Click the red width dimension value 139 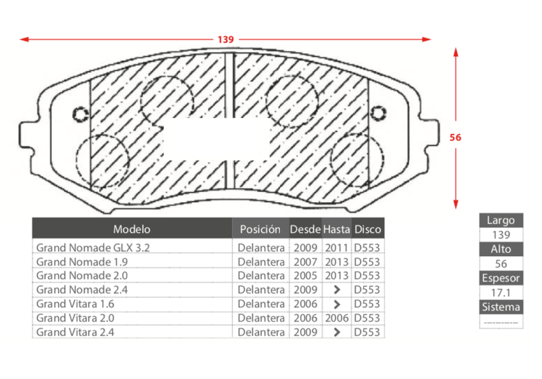coord(225,40)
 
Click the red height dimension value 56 coord(455,137)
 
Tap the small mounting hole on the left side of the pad coord(81,114)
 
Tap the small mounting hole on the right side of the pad coord(378,113)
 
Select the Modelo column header coord(132,229)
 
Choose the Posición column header coord(260,229)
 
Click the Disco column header coord(368,229)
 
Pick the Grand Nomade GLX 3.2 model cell coord(93,248)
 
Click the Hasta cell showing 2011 coord(337,248)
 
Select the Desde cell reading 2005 coord(305,276)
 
